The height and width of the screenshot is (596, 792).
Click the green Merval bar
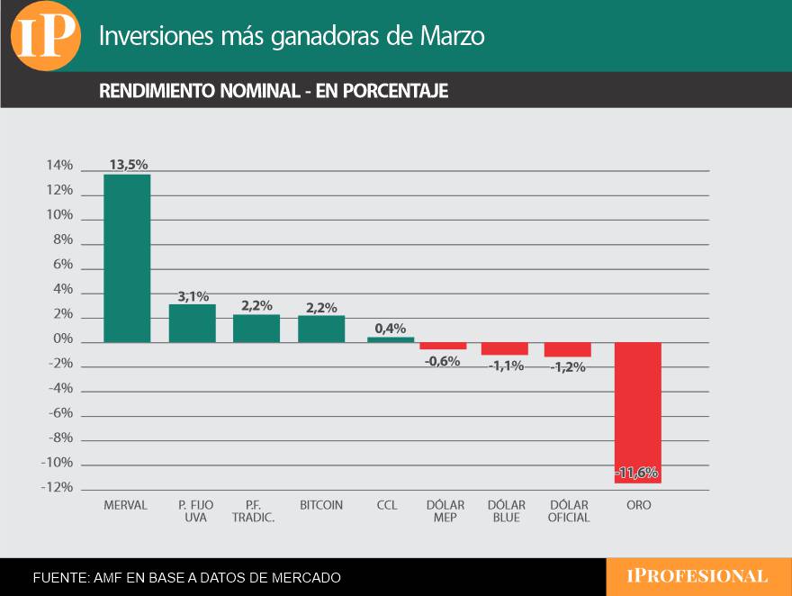[x=127, y=257]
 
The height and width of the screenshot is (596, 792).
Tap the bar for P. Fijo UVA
[x=193, y=323]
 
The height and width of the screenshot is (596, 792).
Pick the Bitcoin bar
[x=321, y=329]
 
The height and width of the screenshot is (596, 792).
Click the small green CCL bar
[x=391, y=339]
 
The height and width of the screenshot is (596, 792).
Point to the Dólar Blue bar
[x=505, y=348]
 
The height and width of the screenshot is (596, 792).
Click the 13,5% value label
[x=128, y=165]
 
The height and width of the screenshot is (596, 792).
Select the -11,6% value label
[x=638, y=473]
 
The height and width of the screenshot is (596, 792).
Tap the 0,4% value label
[x=391, y=328]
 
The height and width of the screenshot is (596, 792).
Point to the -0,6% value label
[x=443, y=361]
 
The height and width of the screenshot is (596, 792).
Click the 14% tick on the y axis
[x=59, y=166]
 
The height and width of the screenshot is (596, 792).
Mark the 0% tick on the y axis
[x=63, y=339]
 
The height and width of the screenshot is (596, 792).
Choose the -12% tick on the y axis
[x=58, y=487]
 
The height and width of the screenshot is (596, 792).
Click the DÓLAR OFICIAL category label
[x=569, y=511]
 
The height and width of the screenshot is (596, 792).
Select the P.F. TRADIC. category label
[x=254, y=511]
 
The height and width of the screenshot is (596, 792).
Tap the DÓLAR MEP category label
[x=445, y=511]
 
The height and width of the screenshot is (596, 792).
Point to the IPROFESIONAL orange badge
[x=698, y=576]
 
